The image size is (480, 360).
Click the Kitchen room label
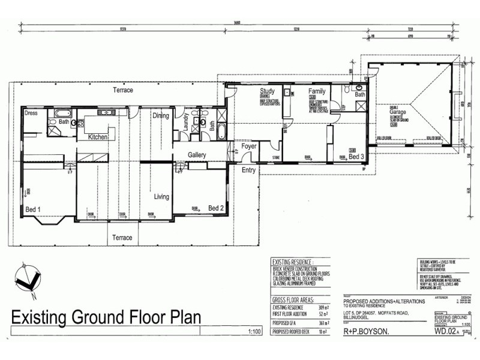98,137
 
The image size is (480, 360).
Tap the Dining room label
160,116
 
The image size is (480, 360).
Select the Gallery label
197,155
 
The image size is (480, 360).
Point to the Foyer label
249,146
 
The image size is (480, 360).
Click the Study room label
267,91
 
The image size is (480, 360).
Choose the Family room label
317,91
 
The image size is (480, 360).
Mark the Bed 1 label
33,209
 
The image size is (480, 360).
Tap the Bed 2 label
216,208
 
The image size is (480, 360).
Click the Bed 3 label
356,157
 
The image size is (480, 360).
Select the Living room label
161,196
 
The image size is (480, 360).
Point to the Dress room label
31,113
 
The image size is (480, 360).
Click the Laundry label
186,123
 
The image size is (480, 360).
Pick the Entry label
248,170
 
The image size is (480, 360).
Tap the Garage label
397,112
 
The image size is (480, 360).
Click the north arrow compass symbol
27,279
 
